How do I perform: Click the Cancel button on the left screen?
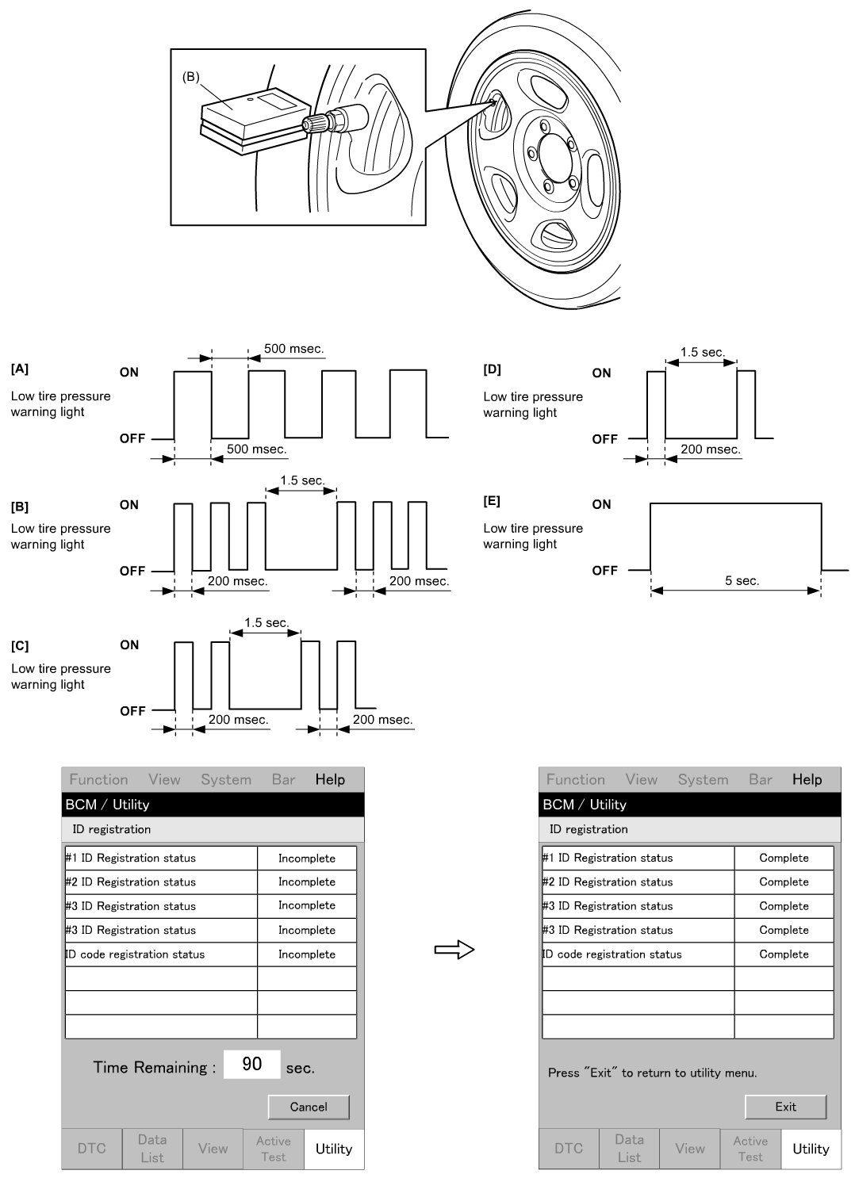point(308,1107)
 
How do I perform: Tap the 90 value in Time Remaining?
point(251,1064)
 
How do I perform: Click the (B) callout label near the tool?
point(190,77)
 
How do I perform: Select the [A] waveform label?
point(20,369)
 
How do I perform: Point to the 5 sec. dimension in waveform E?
point(742,581)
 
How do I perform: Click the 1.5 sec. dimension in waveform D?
point(701,352)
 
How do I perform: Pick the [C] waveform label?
point(20,646)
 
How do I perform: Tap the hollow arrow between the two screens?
point(454,950)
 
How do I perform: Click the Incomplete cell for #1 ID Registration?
point(307,859)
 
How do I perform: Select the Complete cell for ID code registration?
point(784,954)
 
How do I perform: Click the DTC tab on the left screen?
point(92,1149)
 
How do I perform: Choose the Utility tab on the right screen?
point(811,1149)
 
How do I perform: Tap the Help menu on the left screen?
point(330,779)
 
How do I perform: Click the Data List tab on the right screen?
point(629,1149)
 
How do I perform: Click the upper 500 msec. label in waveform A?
point(293,349)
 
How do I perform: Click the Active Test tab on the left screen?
point(273,1149)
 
